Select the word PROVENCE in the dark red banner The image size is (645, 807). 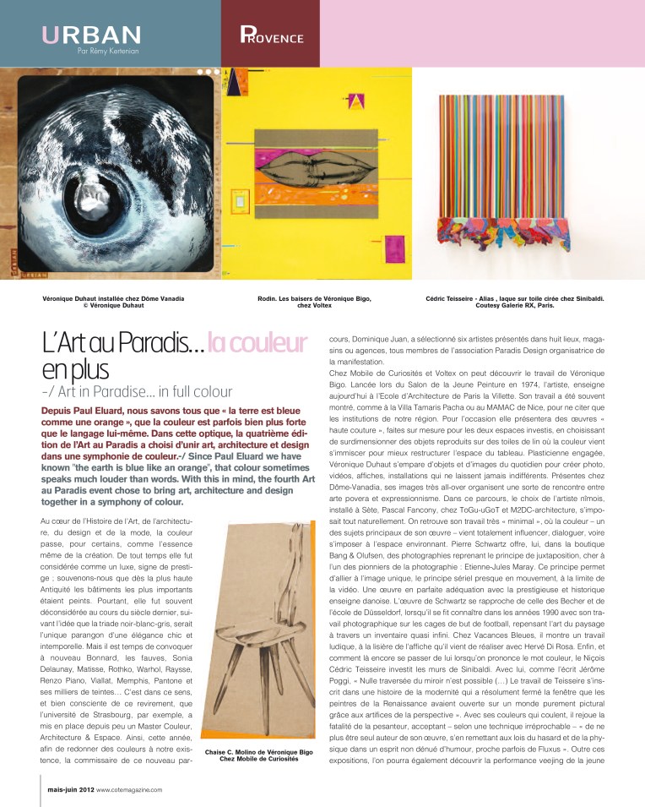[x=271, y=37]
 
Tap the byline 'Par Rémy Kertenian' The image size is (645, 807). [x=108, y=52]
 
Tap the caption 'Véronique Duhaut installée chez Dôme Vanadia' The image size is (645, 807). [x=113, y=298]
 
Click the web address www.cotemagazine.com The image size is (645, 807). [x=129, y=789]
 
